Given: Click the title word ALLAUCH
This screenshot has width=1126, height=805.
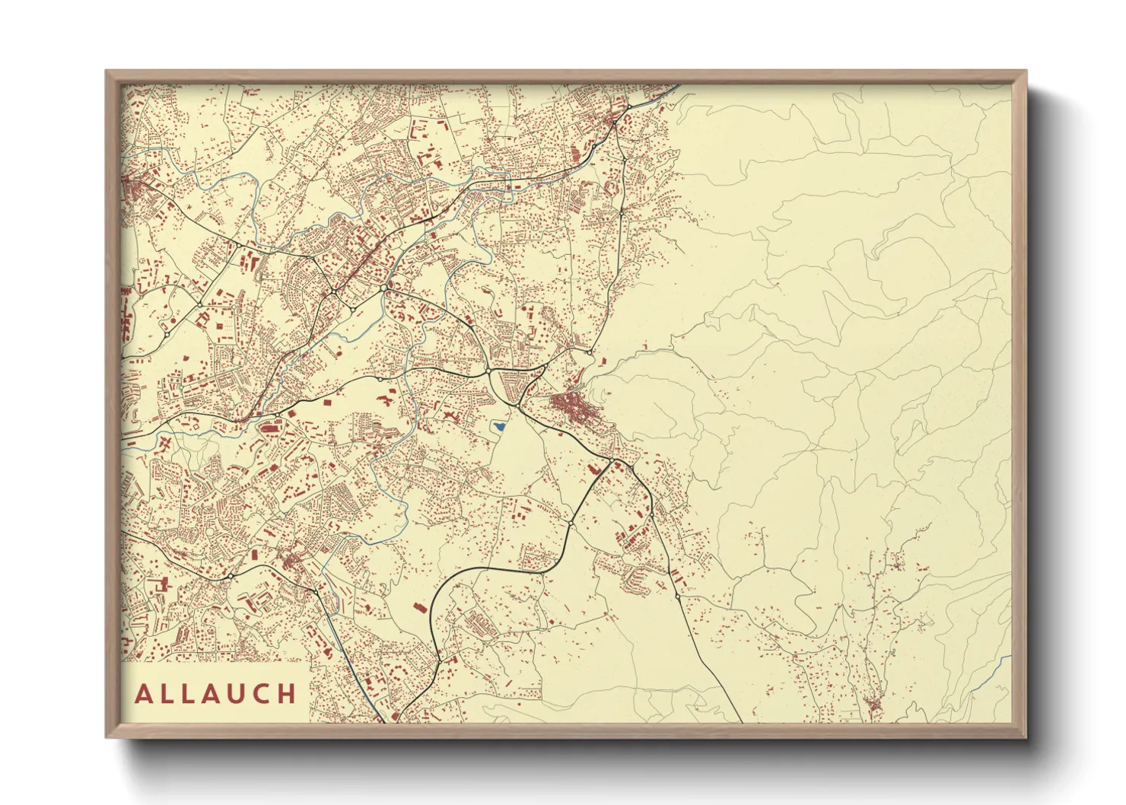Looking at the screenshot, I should pyautogui.click(x=216, y=693).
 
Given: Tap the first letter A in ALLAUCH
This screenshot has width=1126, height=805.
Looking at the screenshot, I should pyautogui.click(x=143, y=694).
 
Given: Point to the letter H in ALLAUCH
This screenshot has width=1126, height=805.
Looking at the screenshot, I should pyautogui.click(x=287, y=694).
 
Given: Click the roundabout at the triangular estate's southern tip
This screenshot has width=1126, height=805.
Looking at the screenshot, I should pyautogui.click(x=518, y=405).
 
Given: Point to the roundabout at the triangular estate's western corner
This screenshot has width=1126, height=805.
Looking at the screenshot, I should pyautogui.click(x=488, y=371).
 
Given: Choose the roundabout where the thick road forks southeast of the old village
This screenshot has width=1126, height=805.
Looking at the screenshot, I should pyautogui.click(x=613, y=461).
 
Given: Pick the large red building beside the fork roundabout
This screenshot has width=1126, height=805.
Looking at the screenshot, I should pyautogui.click(x=593, y=470).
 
